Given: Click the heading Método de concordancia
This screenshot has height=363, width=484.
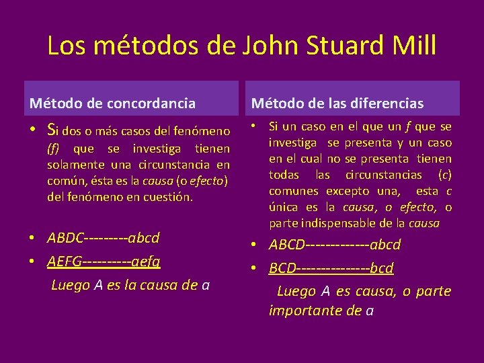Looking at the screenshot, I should click(x=112, y=104).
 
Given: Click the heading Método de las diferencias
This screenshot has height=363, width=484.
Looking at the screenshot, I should click(x=337, y=104).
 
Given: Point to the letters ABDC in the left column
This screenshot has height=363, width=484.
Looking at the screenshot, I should click(x=66, y=238).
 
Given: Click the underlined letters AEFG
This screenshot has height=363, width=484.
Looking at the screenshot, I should click(x=65, y=261).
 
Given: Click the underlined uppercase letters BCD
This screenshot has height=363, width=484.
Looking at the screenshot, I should click(x=282, y=268).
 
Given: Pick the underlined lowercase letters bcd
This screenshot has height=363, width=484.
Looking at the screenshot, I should click(x=382, y=268).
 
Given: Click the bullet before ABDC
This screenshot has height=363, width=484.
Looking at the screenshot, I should click(x=33, y=239).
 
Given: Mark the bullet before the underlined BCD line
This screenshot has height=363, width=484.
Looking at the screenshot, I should click(x=255, y=269).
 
